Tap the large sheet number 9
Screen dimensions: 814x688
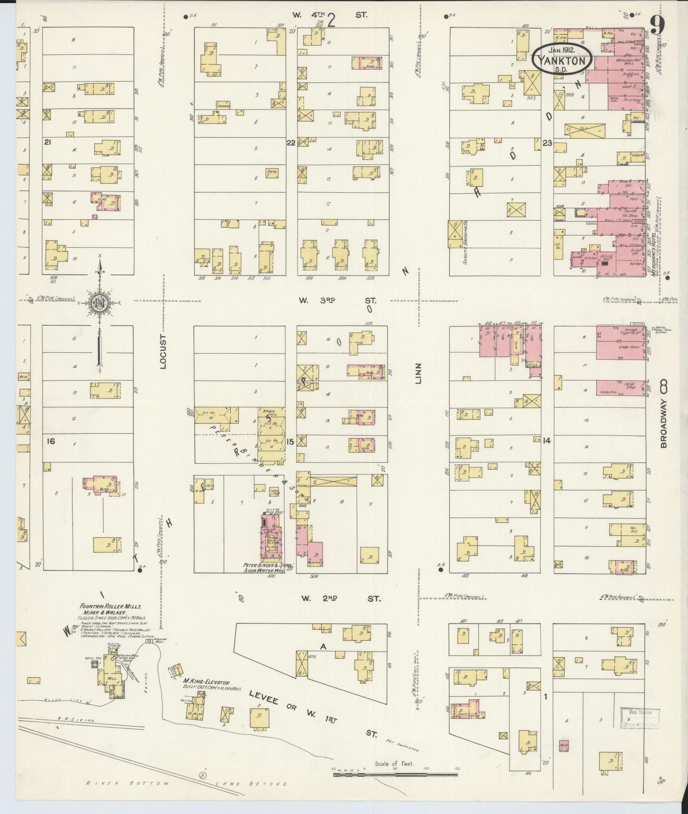657,25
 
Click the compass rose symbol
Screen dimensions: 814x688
99,305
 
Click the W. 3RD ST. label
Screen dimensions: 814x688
337,300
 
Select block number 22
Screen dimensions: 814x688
290,142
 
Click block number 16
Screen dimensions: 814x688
50,441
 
